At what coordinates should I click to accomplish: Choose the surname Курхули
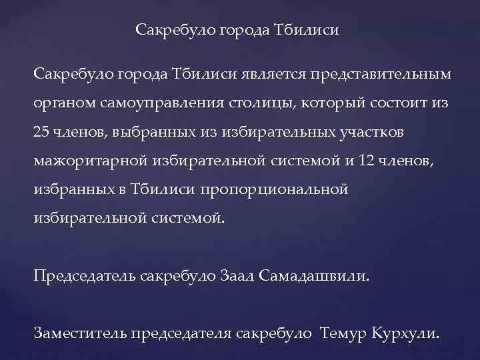[406, 334]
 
